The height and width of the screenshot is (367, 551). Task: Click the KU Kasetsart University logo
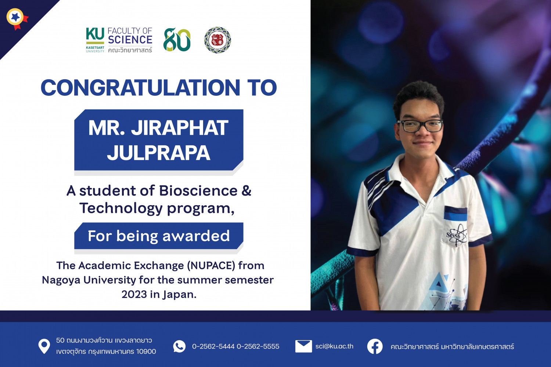[x=95, y=40]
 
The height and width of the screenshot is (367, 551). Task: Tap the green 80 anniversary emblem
[x=177, y=40]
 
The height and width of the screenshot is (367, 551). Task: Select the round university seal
[x=217, y=40]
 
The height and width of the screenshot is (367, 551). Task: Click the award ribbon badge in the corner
[x=16, y=18]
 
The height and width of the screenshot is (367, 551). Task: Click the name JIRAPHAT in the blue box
[x=180, y=128]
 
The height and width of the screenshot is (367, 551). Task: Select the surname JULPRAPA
[x=158, y=153]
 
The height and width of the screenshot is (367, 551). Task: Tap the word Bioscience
[x=198, y=191]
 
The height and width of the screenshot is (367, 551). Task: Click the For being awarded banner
[x=159, y=236]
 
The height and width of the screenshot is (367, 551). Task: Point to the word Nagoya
[x=61, y=280]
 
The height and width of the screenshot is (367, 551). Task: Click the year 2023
[x=134, y=294]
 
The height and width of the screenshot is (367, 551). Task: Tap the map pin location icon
[x=44, y=346]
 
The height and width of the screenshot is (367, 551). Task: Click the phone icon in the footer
[x=179, y=346]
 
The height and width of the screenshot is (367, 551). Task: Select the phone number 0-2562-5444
[x=213, y=346]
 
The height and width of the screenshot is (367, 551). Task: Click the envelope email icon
[x=303, y=346]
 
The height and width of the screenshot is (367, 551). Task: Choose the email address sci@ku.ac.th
[x=334, y=346]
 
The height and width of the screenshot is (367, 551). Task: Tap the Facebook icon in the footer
[x=375, y=346]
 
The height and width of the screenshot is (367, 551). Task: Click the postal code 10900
[x=146, y=352]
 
